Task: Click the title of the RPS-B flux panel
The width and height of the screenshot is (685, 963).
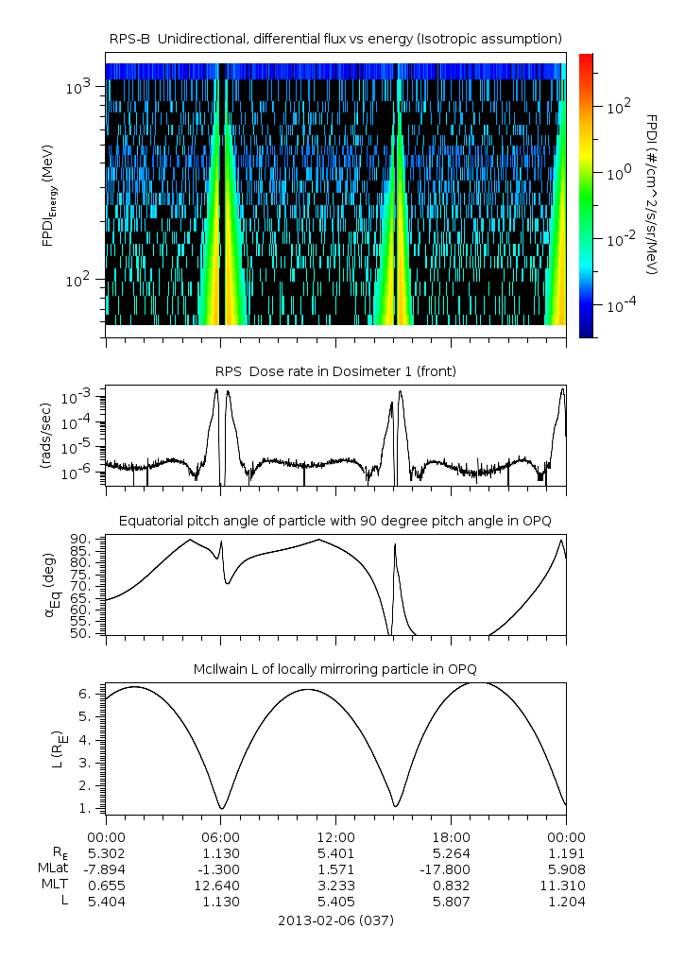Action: coord(335,38)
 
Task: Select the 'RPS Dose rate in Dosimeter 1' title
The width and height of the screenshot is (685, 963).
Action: coord(335,371)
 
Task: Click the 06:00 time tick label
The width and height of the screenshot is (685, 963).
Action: coord(220,837)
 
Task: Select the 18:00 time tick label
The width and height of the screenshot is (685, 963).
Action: coord(451,837)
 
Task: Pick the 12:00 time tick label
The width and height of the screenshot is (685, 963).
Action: coord(335,837)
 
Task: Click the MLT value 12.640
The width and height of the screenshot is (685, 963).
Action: coord(220,886)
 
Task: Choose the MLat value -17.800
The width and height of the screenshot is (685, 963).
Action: coord(451,869)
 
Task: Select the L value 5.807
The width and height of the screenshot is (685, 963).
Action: coord(451,902)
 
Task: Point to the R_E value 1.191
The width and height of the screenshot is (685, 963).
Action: coord(566,853)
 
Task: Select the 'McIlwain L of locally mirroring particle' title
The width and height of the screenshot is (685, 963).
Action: coord(335,672)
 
